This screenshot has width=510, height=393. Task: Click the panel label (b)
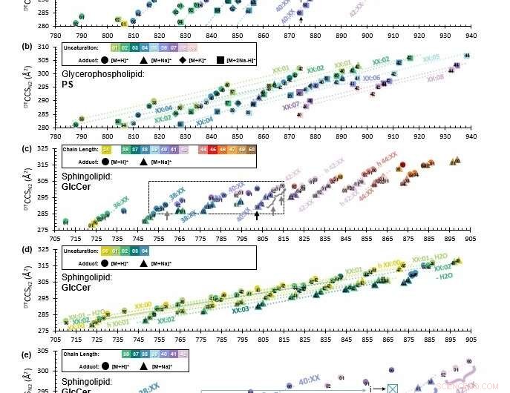point(48,47)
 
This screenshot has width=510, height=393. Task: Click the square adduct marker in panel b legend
point(221,59)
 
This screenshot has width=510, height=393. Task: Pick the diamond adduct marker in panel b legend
point(182,59)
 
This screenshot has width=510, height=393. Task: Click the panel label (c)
point(48,148)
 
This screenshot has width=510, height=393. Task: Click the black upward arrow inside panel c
point(257,215)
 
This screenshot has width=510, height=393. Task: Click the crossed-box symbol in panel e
point(392,389)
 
